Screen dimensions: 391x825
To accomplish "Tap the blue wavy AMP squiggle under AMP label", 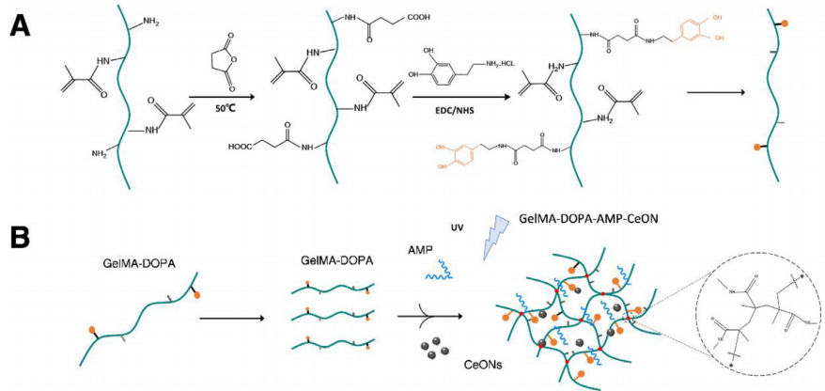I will point(441,274).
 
